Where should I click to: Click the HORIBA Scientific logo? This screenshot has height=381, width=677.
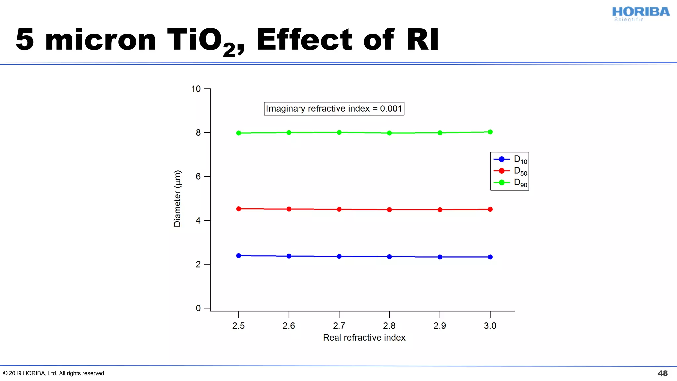click(640, 14)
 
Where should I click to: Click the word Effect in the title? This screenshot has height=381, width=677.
click(304, 40)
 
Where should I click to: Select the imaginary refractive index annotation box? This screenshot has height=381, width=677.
click(334, 108)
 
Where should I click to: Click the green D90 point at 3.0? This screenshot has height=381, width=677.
click(490, 132)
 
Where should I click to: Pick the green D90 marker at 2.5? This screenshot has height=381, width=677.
click(239, 133)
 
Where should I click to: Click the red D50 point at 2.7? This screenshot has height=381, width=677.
click(339, 209)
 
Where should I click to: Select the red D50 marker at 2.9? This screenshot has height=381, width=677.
click(440, 210)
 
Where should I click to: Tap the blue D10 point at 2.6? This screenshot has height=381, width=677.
click(289, 256)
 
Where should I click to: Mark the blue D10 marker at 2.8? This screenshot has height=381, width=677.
click(389, 257)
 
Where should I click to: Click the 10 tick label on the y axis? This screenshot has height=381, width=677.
click(196, 89)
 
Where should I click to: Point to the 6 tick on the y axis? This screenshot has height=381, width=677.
click(198, 176)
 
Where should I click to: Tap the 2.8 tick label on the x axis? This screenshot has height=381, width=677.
click(389, 326)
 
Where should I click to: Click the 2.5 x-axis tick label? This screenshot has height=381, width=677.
click(238, 326)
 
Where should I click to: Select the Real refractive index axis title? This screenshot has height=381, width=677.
click(364, 338)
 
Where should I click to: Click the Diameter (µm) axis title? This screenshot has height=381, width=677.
click(177, 198)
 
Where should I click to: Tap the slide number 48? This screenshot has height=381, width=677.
click(662, 373)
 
